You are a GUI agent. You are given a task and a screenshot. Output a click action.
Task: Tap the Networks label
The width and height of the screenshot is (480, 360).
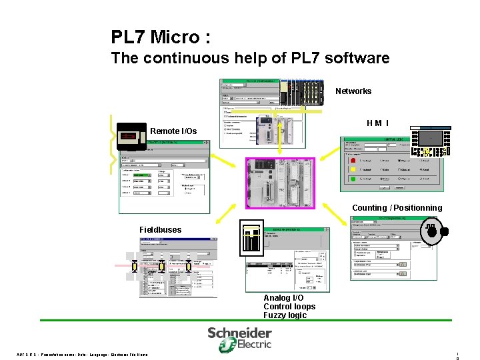click(353, 91)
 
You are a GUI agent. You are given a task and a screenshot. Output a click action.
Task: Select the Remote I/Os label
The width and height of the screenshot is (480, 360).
click(173, 131)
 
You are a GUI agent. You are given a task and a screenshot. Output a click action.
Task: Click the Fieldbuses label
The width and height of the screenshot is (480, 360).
click(160, 230)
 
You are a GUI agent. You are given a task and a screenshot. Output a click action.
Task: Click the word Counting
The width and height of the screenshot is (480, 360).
click(369, 208)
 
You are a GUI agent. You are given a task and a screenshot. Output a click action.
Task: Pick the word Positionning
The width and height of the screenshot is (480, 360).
click(417, 208)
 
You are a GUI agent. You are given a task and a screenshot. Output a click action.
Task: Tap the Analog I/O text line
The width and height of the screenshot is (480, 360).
click(283, 298)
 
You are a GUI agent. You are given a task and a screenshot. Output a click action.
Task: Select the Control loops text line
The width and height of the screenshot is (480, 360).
click(289, 307)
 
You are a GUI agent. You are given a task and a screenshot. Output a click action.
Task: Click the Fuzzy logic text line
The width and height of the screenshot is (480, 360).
click(285, 315)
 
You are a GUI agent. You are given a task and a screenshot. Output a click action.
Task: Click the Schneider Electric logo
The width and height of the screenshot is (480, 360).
click(239, 338)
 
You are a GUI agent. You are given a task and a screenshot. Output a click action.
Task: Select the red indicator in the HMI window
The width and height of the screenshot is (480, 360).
click(354, 160)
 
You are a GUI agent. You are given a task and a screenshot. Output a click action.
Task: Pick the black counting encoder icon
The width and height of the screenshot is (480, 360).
click(434, 231)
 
